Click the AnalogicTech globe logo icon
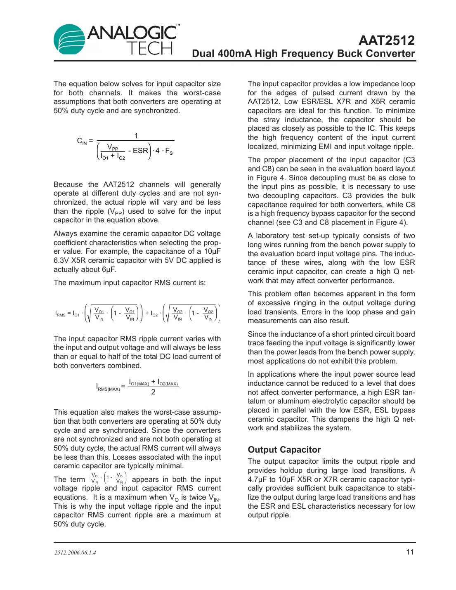69,40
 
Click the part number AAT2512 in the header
386,40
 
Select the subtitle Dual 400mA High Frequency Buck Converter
303,54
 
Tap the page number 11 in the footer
410,552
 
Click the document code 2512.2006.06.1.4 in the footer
75,552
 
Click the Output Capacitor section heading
284,450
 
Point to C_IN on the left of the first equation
82,141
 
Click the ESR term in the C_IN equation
140,151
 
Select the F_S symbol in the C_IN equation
169,151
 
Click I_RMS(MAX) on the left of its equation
108,387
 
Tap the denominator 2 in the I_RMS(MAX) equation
153,392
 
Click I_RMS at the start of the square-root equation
60,314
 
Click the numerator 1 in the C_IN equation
136,136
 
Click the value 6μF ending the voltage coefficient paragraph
109,269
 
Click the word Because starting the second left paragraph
69,184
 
